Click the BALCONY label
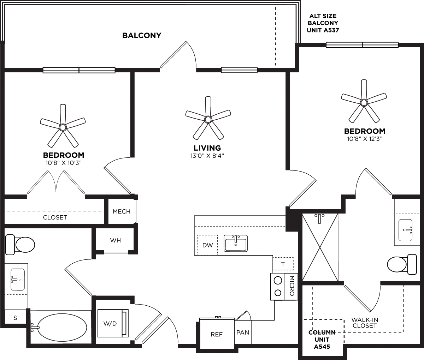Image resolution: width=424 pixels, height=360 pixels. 142,35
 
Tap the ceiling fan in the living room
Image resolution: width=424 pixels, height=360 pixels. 208,119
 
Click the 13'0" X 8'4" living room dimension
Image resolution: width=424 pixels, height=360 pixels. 207,155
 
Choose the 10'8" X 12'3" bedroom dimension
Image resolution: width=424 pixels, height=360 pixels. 364,139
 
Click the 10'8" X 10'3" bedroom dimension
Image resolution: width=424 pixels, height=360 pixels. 64,163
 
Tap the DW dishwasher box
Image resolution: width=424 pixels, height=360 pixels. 207,245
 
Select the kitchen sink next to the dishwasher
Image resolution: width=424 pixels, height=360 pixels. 236,243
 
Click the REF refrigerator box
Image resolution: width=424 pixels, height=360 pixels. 217,334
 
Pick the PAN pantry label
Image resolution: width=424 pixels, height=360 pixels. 243,332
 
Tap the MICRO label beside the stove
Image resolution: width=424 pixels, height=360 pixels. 292,287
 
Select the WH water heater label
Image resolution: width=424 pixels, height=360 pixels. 115,241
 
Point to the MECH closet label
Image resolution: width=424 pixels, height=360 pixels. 122,212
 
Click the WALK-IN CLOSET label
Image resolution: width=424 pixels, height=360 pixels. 365,323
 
